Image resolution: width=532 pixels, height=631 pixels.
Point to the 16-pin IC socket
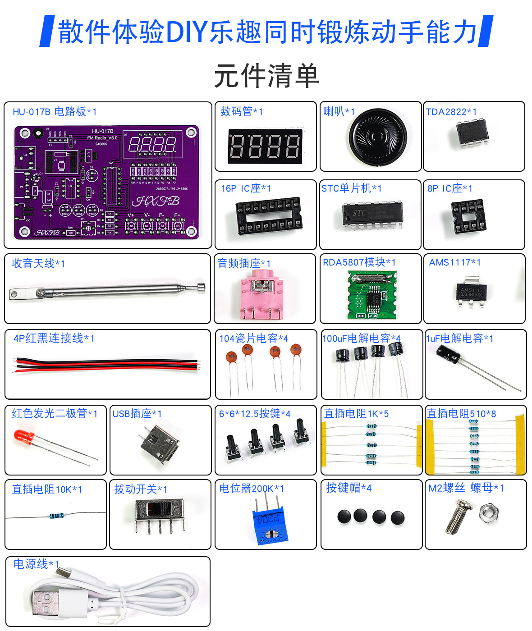click(x=269, y=215)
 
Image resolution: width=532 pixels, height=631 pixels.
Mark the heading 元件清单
click(x=266, y=76)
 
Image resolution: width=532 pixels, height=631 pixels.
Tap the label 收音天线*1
click(x=38, y=263)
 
